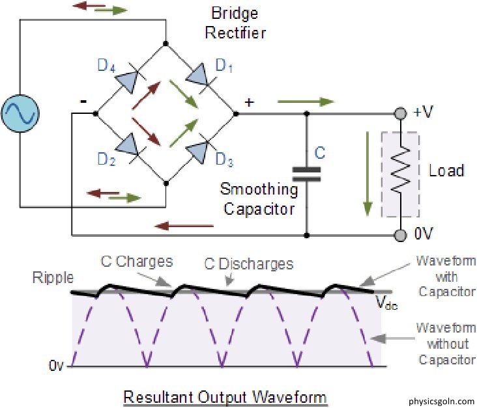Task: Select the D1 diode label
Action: (x=224, y=67)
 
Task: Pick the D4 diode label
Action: (x=107, y=66)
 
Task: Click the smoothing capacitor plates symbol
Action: (x=306, y=172)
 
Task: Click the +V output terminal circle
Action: (x=399, y=114)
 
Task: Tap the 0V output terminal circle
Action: (x=399, y=234)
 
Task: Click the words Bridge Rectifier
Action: (x=237, y=22)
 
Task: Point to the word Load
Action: (x=446, y=171)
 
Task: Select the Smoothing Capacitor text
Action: (x=258, y=199)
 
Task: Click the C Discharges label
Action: (x=249, y=265)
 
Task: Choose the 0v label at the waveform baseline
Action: (x=57, y=367)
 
